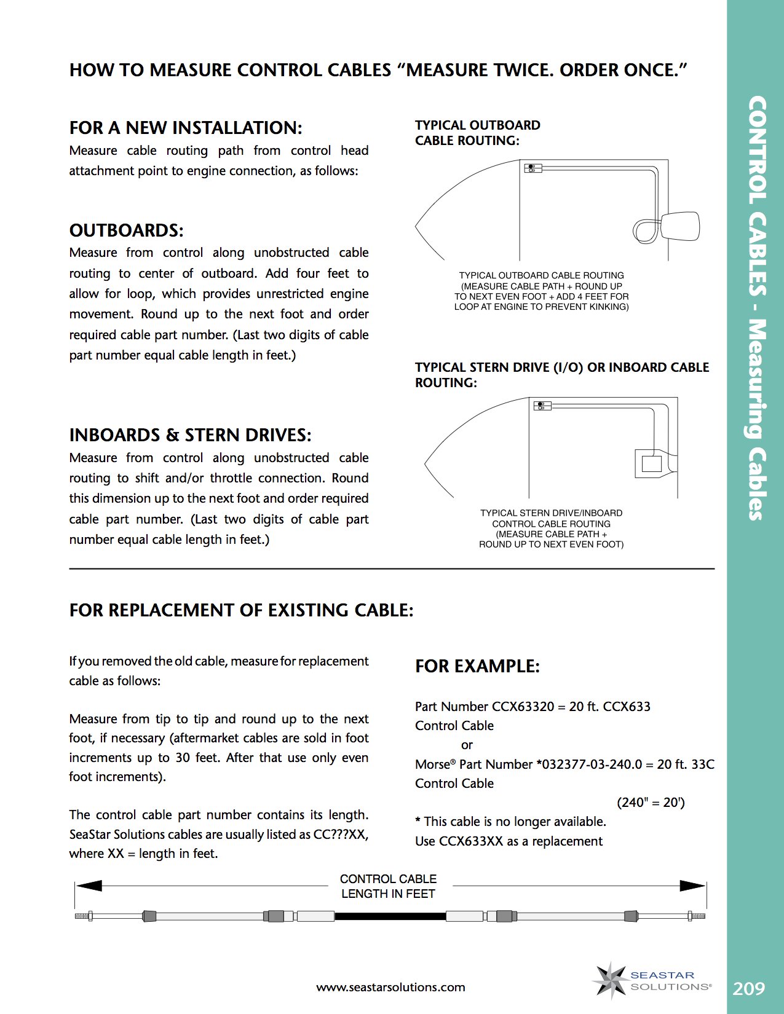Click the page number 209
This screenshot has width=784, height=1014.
tap(749, 988)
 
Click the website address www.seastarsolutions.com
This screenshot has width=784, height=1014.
tap(390, 988)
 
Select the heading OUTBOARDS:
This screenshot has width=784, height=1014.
tap(126, 230)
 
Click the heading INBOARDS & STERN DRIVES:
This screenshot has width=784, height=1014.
tap(190, 435)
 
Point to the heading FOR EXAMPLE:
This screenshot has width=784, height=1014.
tap(477, 666)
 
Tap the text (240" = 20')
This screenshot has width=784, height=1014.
tap(651, 803)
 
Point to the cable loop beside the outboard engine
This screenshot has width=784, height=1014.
tap(646, 231)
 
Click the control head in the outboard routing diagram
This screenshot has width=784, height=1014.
tap(533, 168)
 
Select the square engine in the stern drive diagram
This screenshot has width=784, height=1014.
tap(651, 463)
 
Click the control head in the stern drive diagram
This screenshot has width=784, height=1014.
tap(542, 406)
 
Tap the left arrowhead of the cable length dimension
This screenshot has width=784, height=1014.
tap(89, 886)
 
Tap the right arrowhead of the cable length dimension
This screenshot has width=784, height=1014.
tap(692, 886)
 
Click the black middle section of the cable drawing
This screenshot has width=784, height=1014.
tap(390, 916)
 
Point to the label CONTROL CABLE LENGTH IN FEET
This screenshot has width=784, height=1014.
tap(389, 886)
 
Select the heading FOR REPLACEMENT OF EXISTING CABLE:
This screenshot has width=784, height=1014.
tap(241, 610)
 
